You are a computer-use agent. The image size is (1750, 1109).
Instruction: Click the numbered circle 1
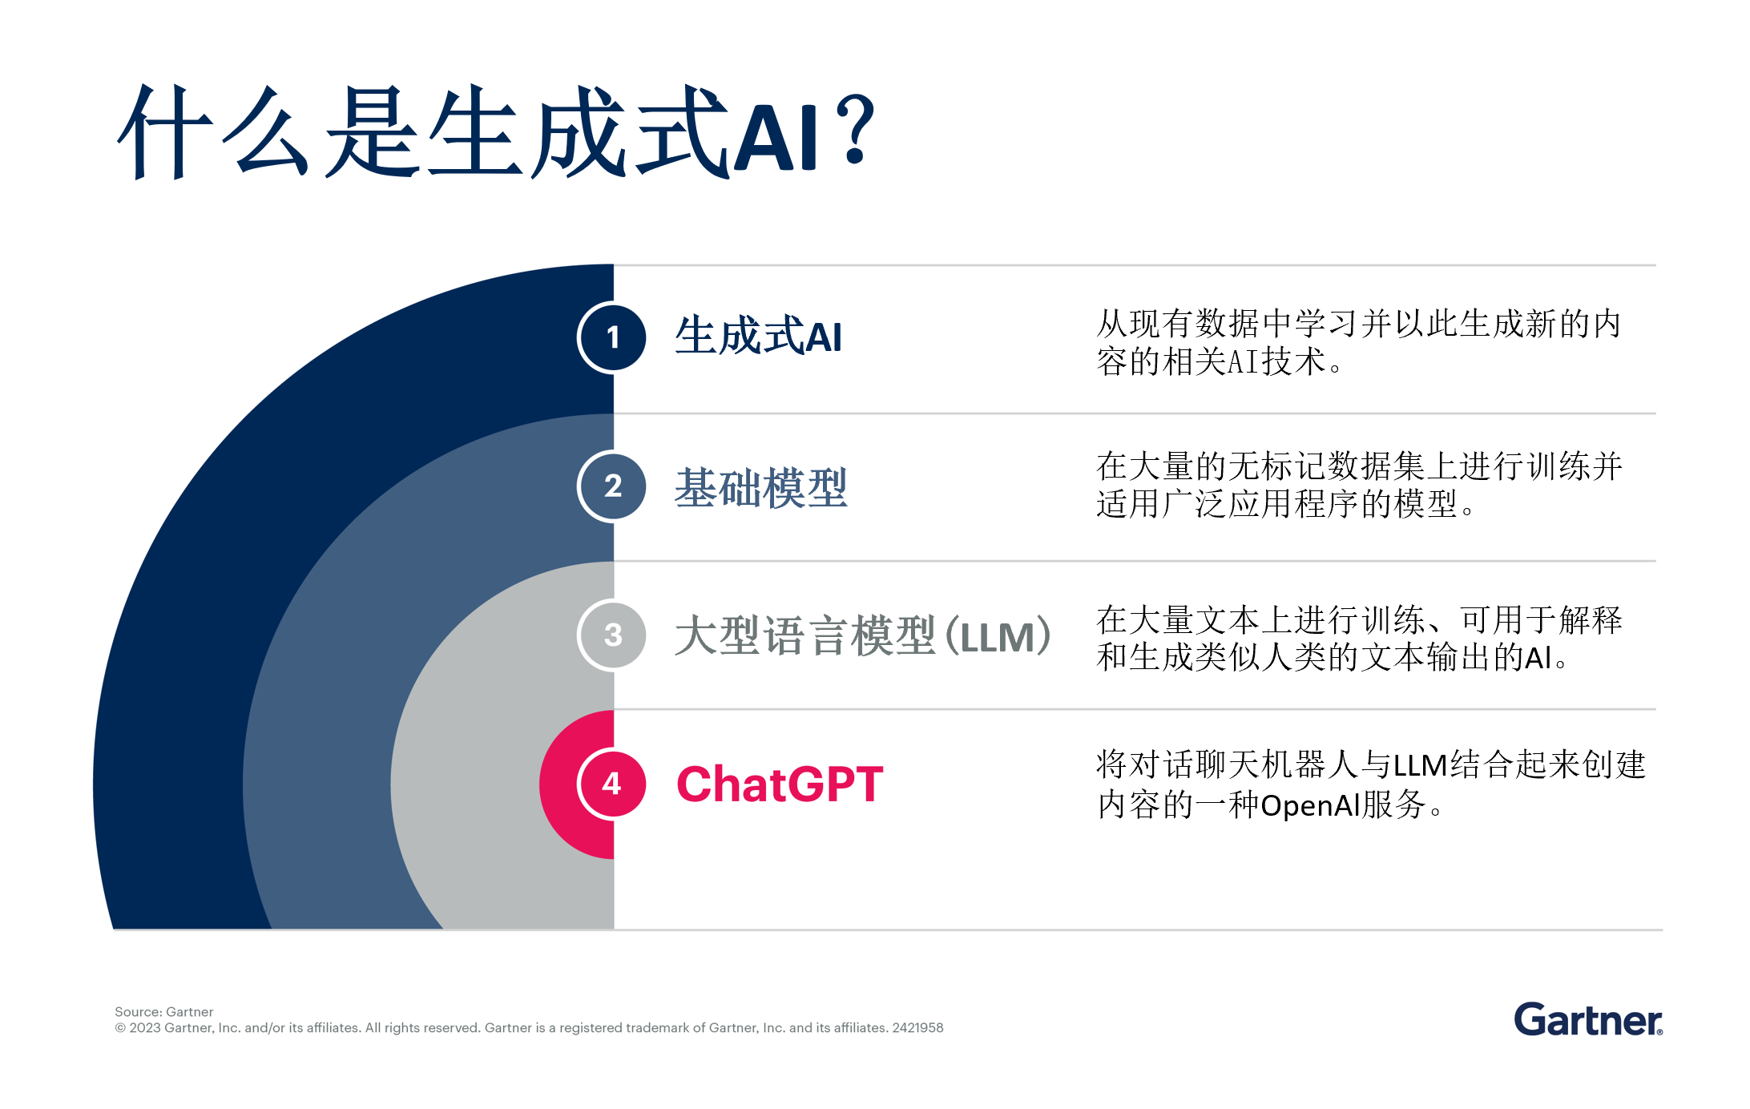pos(612,338)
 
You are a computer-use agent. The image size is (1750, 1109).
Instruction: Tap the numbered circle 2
pos(612,486)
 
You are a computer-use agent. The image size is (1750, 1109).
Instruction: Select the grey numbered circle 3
pos(612,635)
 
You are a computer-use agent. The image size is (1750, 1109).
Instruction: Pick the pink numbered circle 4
pos(612,784)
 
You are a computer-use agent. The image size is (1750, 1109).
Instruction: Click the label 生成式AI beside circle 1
pos(758,337)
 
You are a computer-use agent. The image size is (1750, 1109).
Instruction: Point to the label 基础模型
pos(760,487)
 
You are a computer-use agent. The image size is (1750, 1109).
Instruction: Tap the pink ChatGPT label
pos(780,784)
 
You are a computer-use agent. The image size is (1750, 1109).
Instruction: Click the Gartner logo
pos(1588,1019)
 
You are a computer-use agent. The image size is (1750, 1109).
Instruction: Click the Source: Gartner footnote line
pos(163,1012)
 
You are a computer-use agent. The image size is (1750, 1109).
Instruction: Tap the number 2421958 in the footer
pos(917,1028)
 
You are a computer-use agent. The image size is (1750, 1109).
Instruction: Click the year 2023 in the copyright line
pos(144,1028)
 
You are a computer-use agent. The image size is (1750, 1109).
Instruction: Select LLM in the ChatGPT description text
pos(1420,765)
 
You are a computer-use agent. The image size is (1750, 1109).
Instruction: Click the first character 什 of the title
pos(165,132)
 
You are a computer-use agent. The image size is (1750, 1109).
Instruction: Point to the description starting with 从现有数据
pos(1359,342)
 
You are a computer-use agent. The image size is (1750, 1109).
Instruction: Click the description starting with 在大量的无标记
pos(1360,485)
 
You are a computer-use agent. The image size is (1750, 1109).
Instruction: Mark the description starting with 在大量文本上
pos(1360,638)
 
